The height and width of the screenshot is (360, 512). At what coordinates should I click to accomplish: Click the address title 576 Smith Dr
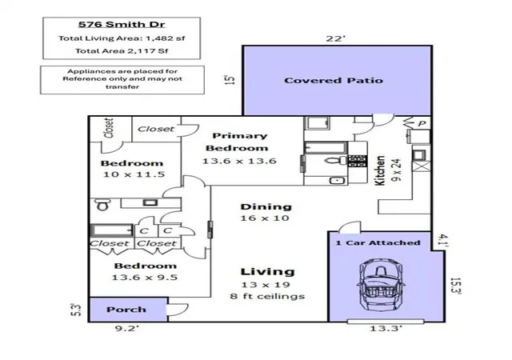[122, 25]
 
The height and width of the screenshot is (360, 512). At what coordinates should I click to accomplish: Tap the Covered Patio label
[334, 80]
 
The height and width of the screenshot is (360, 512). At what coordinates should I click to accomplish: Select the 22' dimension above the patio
[336, 38]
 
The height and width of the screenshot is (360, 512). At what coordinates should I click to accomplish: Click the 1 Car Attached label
[378, 242]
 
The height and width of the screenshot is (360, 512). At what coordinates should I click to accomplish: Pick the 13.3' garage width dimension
[386, 328]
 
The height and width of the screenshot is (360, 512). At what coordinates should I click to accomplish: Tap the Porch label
[126, 310]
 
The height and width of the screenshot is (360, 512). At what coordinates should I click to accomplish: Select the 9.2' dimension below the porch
[127, 328]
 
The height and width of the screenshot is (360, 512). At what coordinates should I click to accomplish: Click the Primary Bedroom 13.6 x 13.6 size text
[239, 161]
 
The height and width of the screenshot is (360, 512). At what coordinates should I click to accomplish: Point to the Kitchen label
[380, 170]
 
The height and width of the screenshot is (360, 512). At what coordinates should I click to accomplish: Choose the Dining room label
[266, 206]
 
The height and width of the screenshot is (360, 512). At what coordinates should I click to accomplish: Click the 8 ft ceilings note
[267, 296]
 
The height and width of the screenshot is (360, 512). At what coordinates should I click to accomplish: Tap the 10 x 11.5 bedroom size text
[134, 174]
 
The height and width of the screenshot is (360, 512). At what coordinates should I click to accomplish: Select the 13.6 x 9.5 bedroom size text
[145, 278]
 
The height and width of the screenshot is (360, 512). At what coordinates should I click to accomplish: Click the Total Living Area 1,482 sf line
[122, 38]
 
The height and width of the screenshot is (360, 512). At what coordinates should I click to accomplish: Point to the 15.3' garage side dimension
[455, 286]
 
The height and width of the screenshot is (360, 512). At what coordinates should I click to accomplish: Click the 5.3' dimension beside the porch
[76, 310]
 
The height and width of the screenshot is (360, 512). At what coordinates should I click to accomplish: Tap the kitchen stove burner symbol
[358, 161]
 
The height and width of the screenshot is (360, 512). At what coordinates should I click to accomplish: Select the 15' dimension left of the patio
[230, 80]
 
